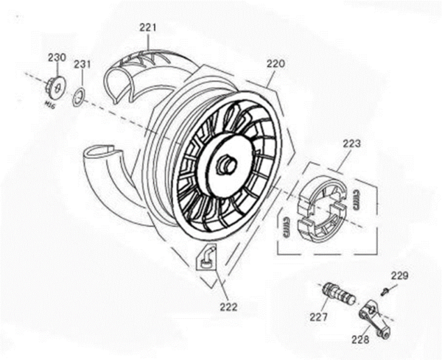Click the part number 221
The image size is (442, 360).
pos(149,28)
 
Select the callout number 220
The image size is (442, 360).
pos(276,64)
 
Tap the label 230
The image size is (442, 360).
pos(57,57)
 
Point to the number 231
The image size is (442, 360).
pos(82,65)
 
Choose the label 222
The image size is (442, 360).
pos(228,307)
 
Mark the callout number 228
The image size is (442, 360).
pos(360,339)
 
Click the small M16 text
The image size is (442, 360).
pos(50,105)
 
